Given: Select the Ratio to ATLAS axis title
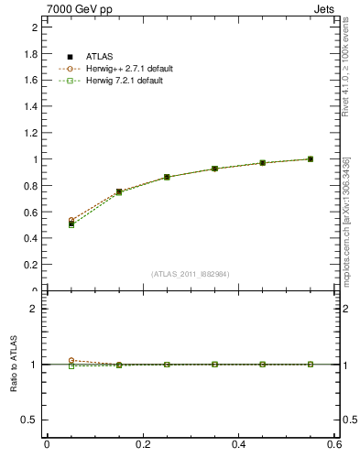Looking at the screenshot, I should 14,364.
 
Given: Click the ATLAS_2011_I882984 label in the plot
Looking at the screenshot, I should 191,273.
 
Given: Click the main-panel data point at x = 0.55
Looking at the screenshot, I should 311,159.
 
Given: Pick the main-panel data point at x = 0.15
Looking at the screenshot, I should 119,191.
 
